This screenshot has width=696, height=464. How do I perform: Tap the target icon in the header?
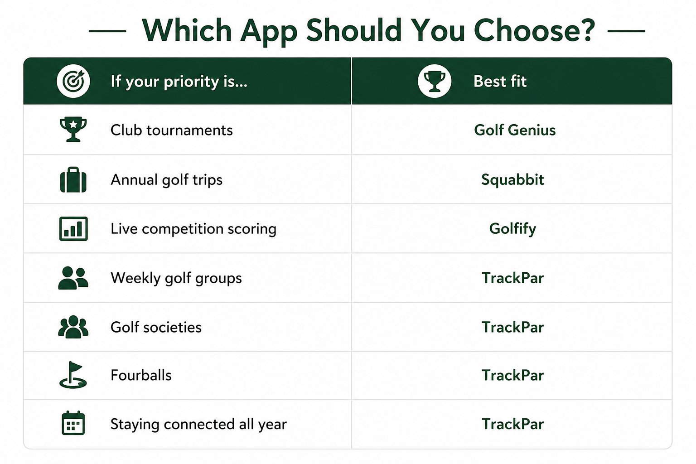coord(73,81)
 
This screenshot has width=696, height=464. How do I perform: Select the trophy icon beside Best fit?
coord(435,81)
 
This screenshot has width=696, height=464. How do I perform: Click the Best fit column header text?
coord(500,82)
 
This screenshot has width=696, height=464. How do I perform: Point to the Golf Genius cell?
coord(515,130)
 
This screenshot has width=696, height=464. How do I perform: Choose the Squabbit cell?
coord(512,179)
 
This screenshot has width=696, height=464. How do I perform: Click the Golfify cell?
coord(512,229)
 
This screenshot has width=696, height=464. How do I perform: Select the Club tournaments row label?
coord(172,130)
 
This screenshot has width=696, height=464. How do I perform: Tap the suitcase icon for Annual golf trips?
coord(73,179)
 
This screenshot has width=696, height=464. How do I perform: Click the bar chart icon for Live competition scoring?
coord(73,229)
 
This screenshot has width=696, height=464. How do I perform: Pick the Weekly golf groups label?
coord(176,278)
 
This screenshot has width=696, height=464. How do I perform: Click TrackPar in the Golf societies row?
coord(512,327)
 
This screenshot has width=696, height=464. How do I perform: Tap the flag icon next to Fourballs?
coord(73,375)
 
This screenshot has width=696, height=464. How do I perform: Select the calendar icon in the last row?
coord(73,423)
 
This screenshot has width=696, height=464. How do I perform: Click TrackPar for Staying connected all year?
coord(512,424)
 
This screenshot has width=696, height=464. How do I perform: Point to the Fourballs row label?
coord(141,375)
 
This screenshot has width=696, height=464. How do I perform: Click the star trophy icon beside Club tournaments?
coord(73,129)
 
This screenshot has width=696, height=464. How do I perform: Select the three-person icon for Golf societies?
coord(73,327)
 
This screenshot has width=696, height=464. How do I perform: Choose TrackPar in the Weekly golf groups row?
coord(512,278)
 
